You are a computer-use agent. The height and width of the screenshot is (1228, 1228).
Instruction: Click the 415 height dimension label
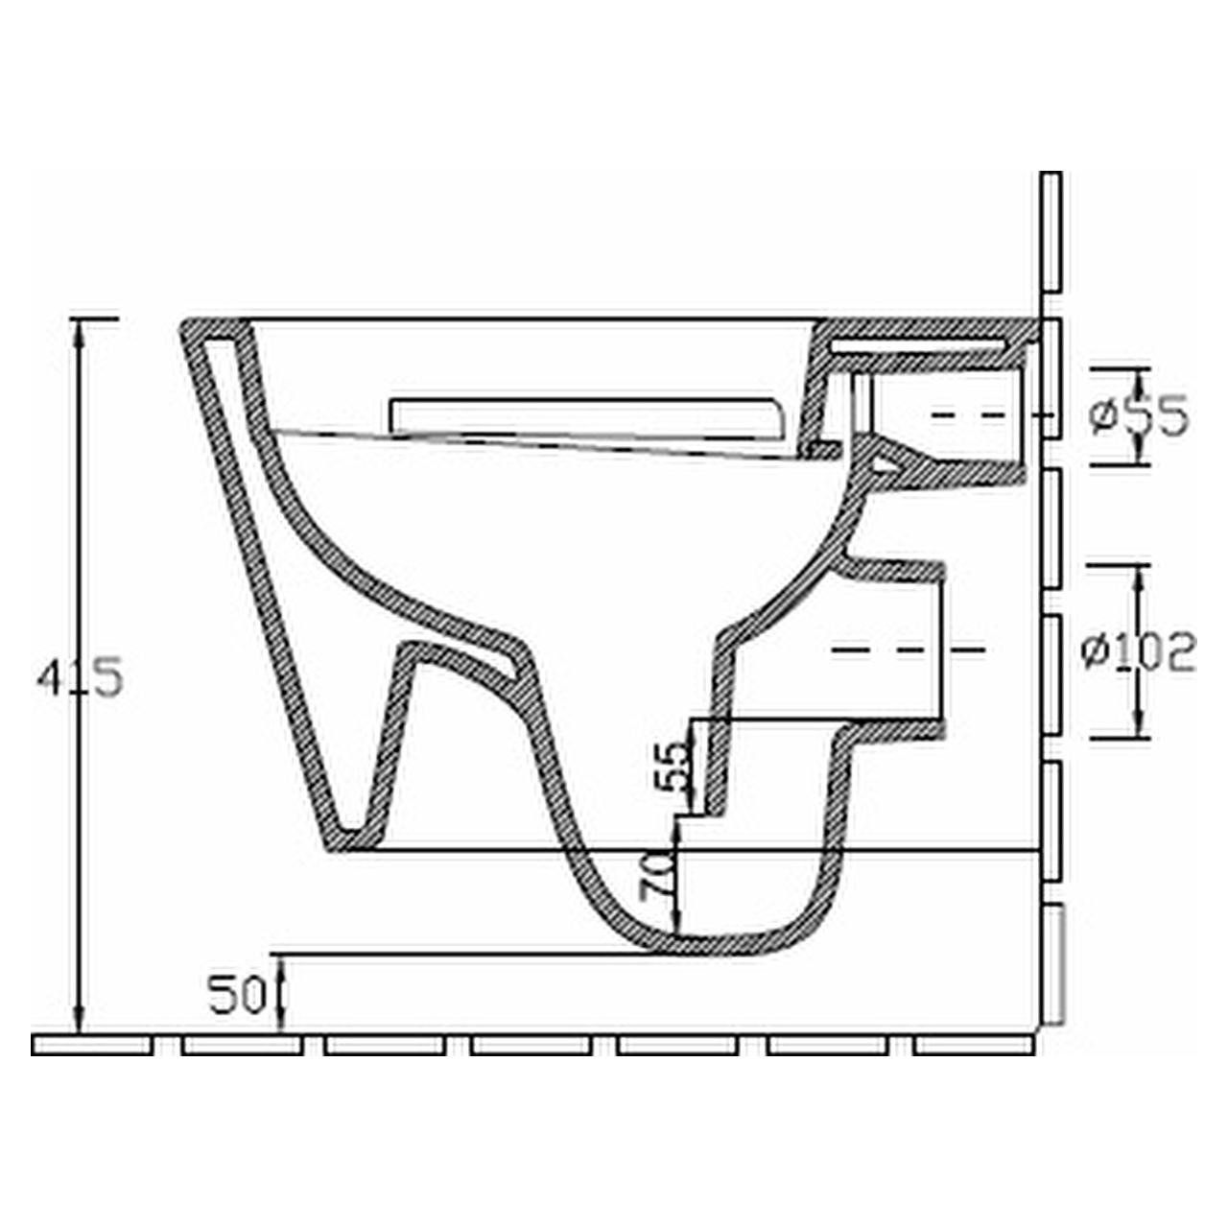pos(81,679)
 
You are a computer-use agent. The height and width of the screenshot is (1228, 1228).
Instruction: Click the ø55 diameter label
pos(1140,416)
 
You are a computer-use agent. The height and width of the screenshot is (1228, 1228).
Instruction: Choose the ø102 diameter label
pos(1139,652)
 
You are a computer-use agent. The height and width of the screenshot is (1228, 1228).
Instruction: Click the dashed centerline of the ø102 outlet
pos(907,650)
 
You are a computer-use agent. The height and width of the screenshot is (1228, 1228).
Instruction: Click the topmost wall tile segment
pos(1051,231)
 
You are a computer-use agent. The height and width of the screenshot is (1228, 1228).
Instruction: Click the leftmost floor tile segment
pos(92,1045)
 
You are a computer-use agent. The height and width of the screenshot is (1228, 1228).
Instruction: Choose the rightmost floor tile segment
pos(973,1045)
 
